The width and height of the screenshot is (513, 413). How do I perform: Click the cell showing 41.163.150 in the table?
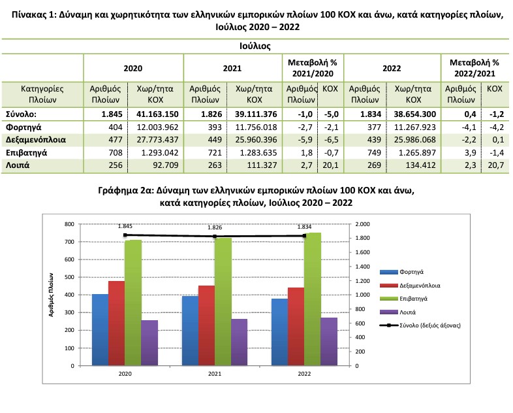tap(157, 114)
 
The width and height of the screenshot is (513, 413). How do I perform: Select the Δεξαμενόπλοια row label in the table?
tap(36, 140)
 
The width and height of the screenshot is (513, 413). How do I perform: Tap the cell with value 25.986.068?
tap(415, 140)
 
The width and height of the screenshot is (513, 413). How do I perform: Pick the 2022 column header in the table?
tap(392, 69)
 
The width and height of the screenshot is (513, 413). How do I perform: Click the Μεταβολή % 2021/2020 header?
tap(313, 68)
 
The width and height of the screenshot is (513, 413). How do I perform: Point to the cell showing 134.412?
tap(420, 165)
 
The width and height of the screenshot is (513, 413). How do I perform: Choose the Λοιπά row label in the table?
tap(18, 165)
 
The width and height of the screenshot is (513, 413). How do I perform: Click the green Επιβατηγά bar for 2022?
tap(313, 299)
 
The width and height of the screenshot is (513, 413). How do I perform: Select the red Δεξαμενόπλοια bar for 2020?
tap(116, 323)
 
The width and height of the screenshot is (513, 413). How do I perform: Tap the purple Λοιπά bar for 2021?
tap(239, 342)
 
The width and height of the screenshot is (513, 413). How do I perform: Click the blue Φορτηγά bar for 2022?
tap(280, 332)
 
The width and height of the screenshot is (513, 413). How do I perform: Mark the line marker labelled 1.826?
tap(215, 236)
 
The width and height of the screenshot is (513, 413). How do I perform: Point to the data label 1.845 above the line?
tap(125, 226)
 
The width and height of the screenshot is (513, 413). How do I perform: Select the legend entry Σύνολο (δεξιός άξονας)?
tap(420, 325)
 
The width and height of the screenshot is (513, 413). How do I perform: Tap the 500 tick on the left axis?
tap(69, 277)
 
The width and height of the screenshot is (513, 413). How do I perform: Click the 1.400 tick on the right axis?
tap(362, 267)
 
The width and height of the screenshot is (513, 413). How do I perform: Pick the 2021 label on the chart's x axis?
tap(215, 374)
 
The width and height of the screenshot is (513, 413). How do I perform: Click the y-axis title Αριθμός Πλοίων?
tap(51, 295)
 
